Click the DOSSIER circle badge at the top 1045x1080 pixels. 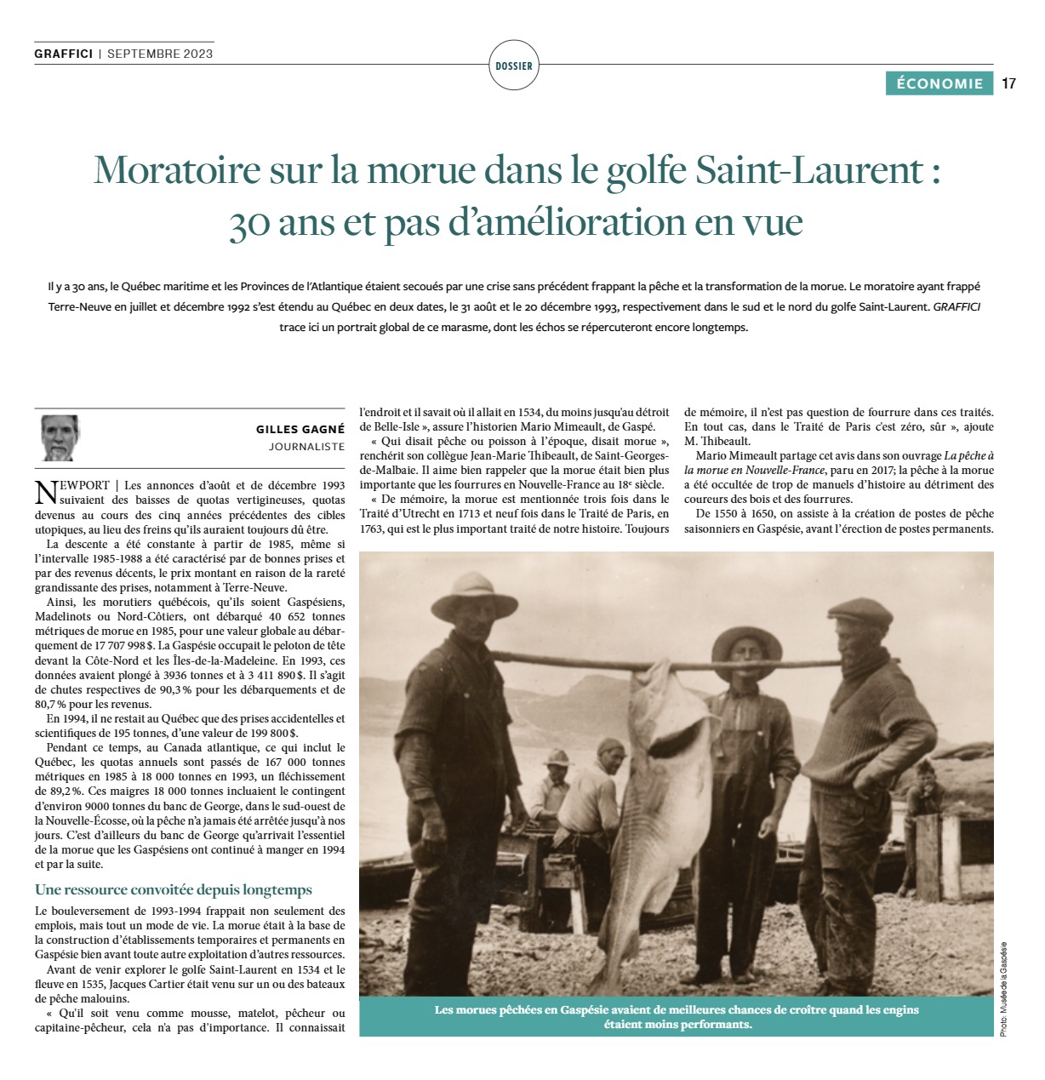tap(514, 66)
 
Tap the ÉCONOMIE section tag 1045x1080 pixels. tap(939, 83)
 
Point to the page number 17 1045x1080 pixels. tap(1009, 83)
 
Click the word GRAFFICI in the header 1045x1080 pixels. tap(64, 54)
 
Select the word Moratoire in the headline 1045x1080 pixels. tap(176, 170)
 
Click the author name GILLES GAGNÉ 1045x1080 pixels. tap(300, 430)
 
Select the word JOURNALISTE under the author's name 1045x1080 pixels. tap(306, 446)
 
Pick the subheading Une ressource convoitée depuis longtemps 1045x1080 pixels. tap(174, 890)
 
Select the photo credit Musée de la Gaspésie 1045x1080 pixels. tap(1003, 988)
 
